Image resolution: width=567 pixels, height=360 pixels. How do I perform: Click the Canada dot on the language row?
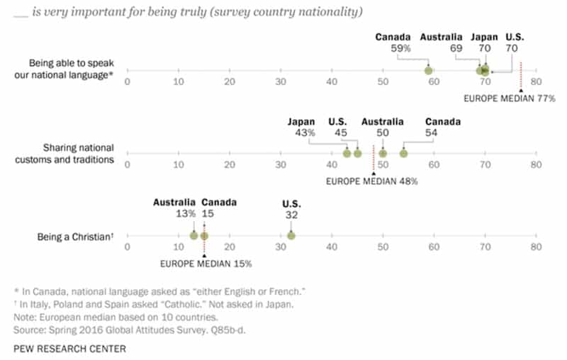[x=429, y=70]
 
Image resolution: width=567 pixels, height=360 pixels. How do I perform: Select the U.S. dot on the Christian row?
[x=291, y=236]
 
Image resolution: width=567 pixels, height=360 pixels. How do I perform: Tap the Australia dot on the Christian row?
[x=193, y=236]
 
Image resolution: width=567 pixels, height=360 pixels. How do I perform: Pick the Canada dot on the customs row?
[x=403, y=153]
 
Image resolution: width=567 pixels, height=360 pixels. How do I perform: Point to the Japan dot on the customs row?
[x=347, y=153]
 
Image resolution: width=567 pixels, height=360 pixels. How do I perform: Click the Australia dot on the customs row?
[x=383, y=153]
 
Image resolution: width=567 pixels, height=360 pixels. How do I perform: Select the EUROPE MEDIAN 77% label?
[x=510, y=98]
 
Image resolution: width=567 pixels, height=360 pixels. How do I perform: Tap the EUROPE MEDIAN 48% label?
[x=371, y=181]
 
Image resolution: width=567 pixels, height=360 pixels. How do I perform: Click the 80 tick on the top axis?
[x=536, y=81]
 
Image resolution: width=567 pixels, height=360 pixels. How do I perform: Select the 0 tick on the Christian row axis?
[x=128, y=247]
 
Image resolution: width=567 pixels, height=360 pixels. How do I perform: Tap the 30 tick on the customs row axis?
[x=281, y=164]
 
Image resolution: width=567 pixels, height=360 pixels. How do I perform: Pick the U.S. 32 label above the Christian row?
[x=291, y=209]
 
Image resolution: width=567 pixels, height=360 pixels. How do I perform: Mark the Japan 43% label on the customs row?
[x=301, y=128]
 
